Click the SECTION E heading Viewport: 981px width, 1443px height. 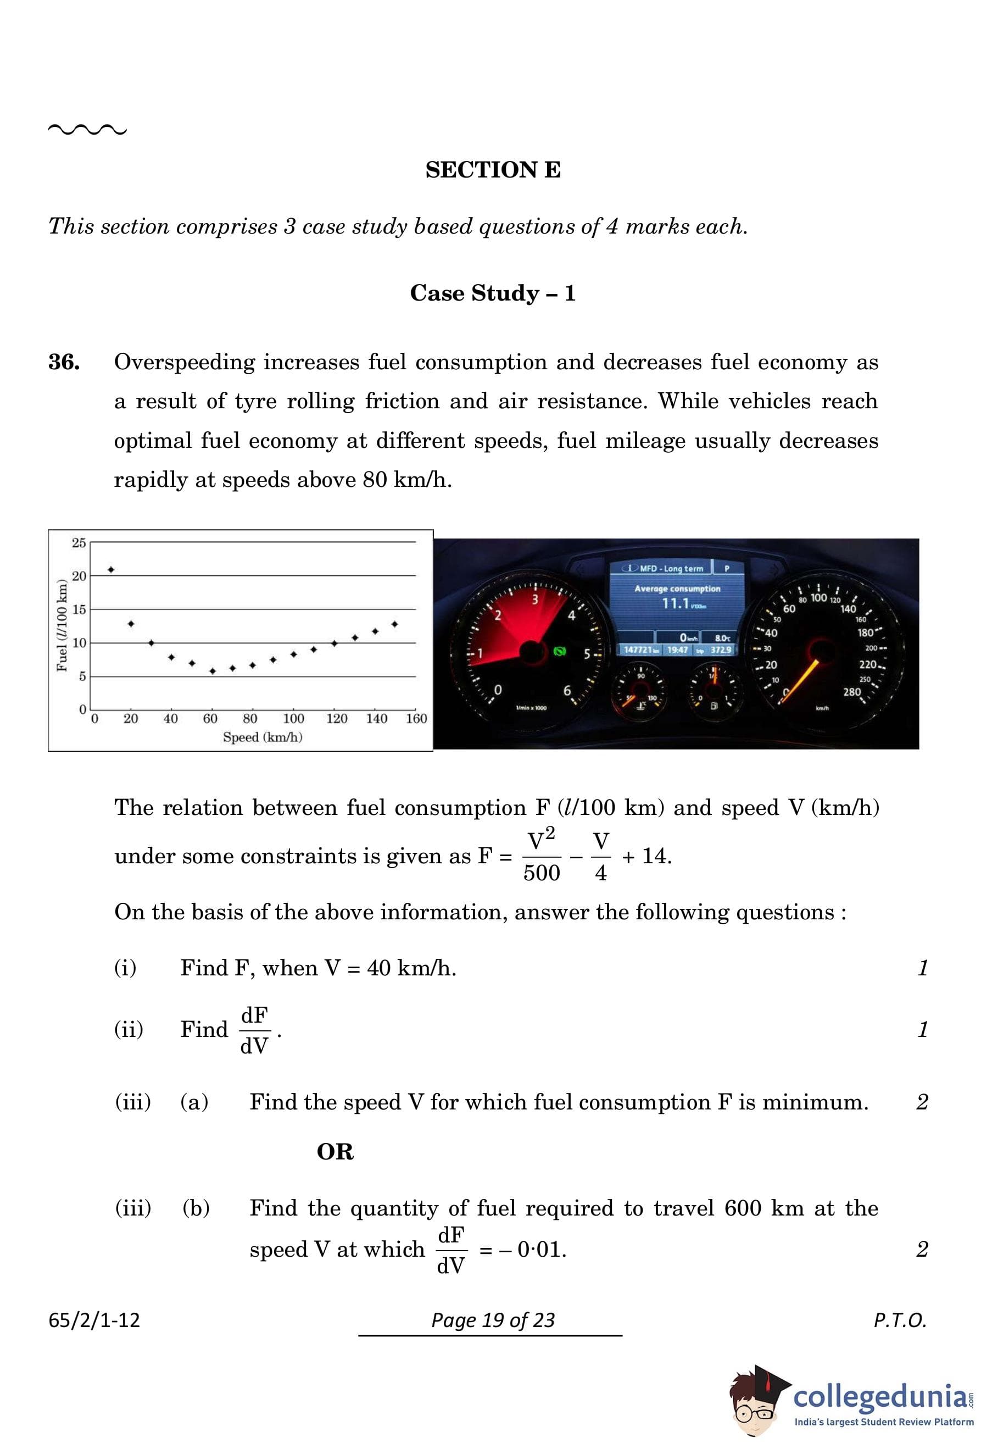click(493, 169)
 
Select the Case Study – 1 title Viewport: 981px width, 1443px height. click(493, 292)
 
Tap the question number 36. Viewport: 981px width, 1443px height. click(64, 362)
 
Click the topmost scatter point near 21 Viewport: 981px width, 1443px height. click(111, 569)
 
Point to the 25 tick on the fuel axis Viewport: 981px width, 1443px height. click(79, 543)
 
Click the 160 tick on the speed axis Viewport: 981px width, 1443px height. click(416, 718)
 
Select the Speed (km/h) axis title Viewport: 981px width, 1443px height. click(263, 737)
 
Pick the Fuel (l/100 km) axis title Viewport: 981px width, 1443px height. click(62, 625)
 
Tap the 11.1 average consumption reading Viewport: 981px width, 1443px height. click(676, 603)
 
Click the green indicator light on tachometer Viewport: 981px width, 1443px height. click(559, 651)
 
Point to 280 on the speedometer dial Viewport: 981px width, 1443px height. click(852, 692)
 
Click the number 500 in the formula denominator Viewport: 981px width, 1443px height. click(541, 873)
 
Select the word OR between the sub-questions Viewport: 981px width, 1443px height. click(335, 1152)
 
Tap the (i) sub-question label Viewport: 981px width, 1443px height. click(125, 967)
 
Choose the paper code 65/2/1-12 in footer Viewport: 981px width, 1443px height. click(94, 1319)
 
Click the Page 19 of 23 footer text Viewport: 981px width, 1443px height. click(493, 1319)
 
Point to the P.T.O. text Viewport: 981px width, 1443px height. click(900, 1319)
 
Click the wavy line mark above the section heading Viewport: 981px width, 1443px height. click(87, 130)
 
